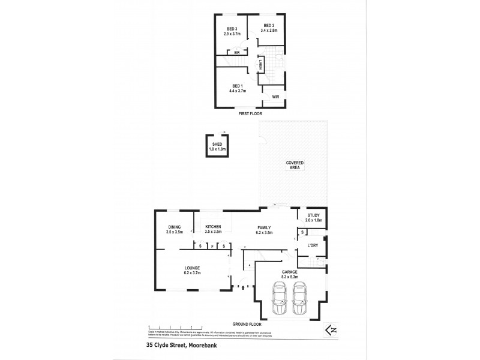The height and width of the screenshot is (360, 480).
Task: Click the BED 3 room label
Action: tap(232, 29)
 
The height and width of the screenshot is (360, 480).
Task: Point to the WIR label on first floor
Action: tap(275, 96)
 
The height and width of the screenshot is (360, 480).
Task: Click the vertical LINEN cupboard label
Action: tap(260, 65)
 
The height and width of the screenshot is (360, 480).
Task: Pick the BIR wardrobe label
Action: tap(237, 52)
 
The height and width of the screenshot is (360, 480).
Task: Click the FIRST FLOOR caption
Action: tap(250, 113)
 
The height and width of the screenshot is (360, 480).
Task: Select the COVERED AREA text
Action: tap(295, 166)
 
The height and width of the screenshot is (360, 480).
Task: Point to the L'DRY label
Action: tap(313, 245)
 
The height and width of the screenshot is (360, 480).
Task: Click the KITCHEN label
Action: tap(214, 227)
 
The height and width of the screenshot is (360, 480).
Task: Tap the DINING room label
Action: tap(175, 227)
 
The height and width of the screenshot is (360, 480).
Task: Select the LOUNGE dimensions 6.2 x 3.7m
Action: tap(192, 272)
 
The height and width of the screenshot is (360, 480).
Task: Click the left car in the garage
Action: tap(278, 299)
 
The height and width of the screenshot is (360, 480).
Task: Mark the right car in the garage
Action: tap(300, 299)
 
